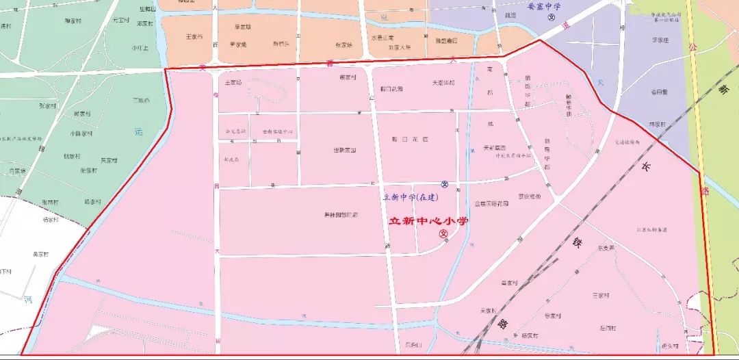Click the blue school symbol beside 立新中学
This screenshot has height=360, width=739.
[444, 184]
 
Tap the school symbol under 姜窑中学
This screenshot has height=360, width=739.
[552, 18]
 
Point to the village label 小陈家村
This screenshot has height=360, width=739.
[81, 134]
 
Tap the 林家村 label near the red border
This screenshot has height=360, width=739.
[656, 125]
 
